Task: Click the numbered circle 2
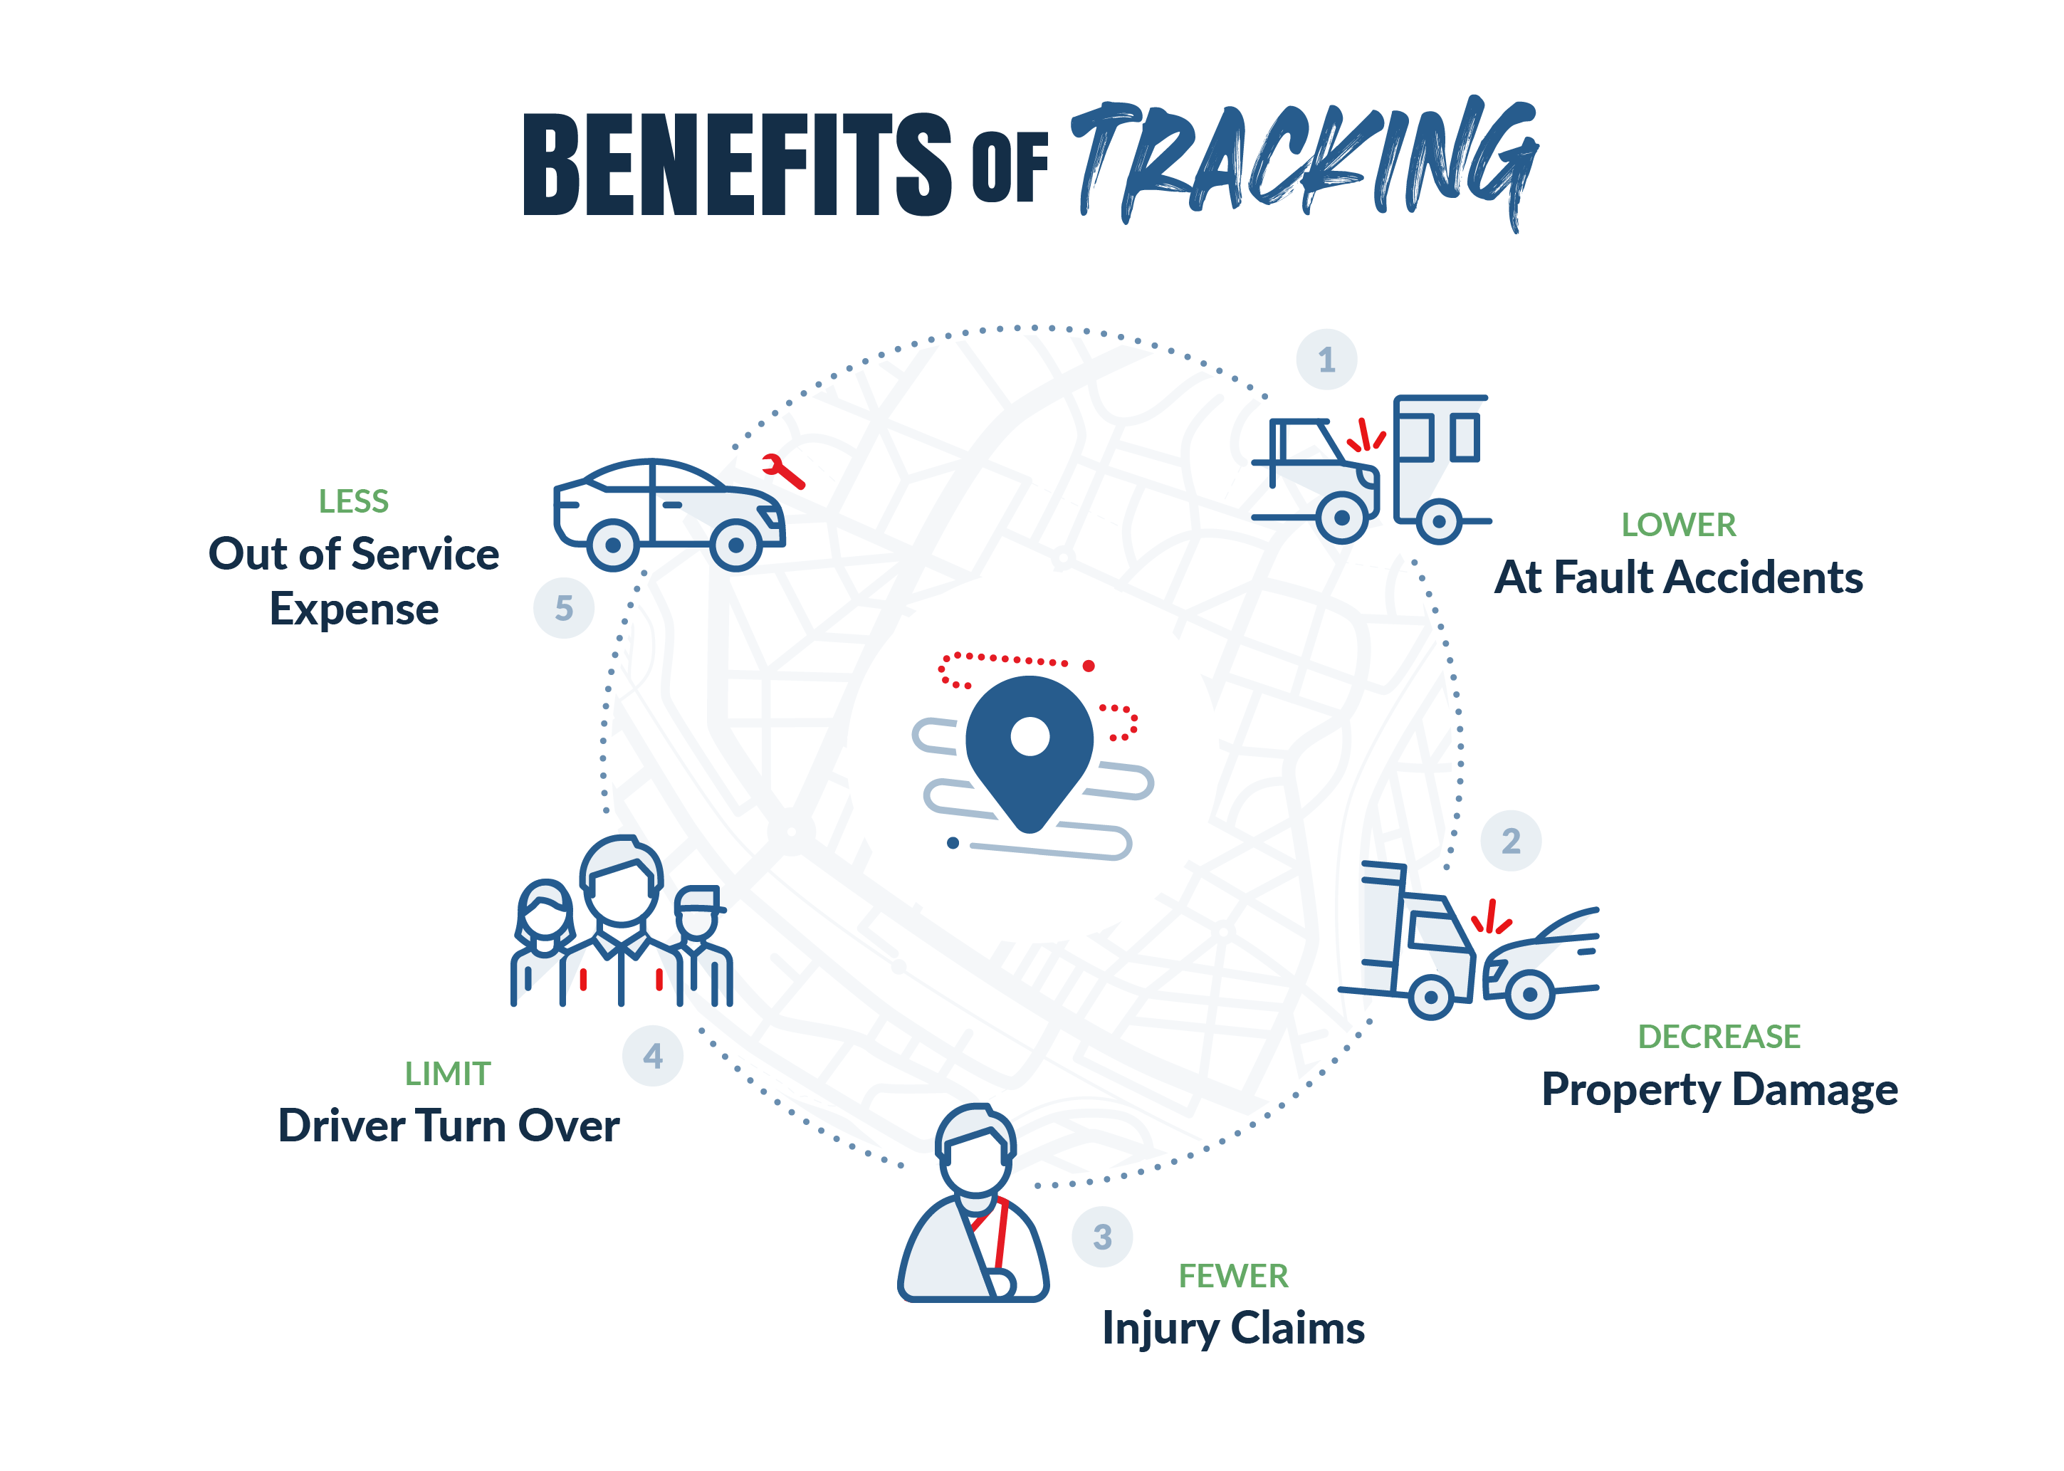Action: [1511, 841]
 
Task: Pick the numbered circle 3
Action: [1102, 1237]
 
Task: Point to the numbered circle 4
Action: [652, 1055]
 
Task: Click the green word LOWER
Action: [1678, 525]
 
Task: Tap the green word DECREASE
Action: [1718, 1036]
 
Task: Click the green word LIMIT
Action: [447, 1074]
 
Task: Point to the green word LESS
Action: [353, 501]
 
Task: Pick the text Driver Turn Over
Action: [449, 1125]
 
